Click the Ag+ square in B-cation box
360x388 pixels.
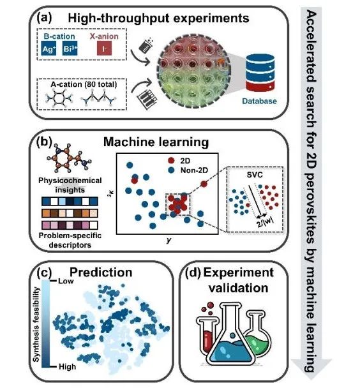[x=49, y=48]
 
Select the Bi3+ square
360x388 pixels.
[x=70, y=48]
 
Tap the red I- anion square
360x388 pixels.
[x=104, y=48]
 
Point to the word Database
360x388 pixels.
[x=259, y=101]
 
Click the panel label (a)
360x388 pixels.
[x=44, y=18]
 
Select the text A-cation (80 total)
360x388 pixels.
[x=84, y=84]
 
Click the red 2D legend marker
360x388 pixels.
[x=171, y=160]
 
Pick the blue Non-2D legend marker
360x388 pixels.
[x=171, y=170]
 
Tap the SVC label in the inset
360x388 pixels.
[x=255, y=175]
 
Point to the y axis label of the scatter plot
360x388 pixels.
[x=169, y=240]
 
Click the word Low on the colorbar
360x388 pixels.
[x=66, y=281]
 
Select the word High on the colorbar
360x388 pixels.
[x=67, y=366]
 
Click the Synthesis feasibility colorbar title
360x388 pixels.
[x=36, y=324]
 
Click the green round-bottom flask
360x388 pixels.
[x=257, y=333]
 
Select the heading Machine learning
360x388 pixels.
[x=156, y=142]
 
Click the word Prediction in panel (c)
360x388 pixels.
[x=101, y=272]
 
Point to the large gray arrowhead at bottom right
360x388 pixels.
[x=311, y=369]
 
